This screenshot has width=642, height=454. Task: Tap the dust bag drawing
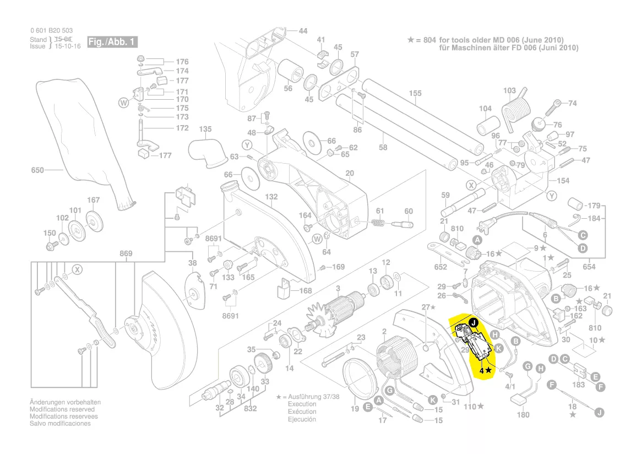[x=83, y=138]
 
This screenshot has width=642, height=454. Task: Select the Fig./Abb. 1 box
[x=112, y=42]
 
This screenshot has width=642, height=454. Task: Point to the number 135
[x=205, y=129]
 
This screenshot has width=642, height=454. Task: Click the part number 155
[x=415, y=94]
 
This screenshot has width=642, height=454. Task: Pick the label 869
[x=126, y=254]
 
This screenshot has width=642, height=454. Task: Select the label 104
[x=485, y=109]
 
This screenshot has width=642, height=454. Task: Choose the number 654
[x=589, y=267]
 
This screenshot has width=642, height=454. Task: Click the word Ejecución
[x=302, y=419]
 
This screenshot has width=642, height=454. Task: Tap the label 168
[x=306, y=291]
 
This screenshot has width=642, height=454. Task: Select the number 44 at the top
[x=303, y=31]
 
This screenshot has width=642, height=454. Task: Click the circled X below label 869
[x=78, y=269]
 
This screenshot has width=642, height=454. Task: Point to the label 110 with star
[x=473, y=407]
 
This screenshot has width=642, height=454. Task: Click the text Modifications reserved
[x=62, y=409]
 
